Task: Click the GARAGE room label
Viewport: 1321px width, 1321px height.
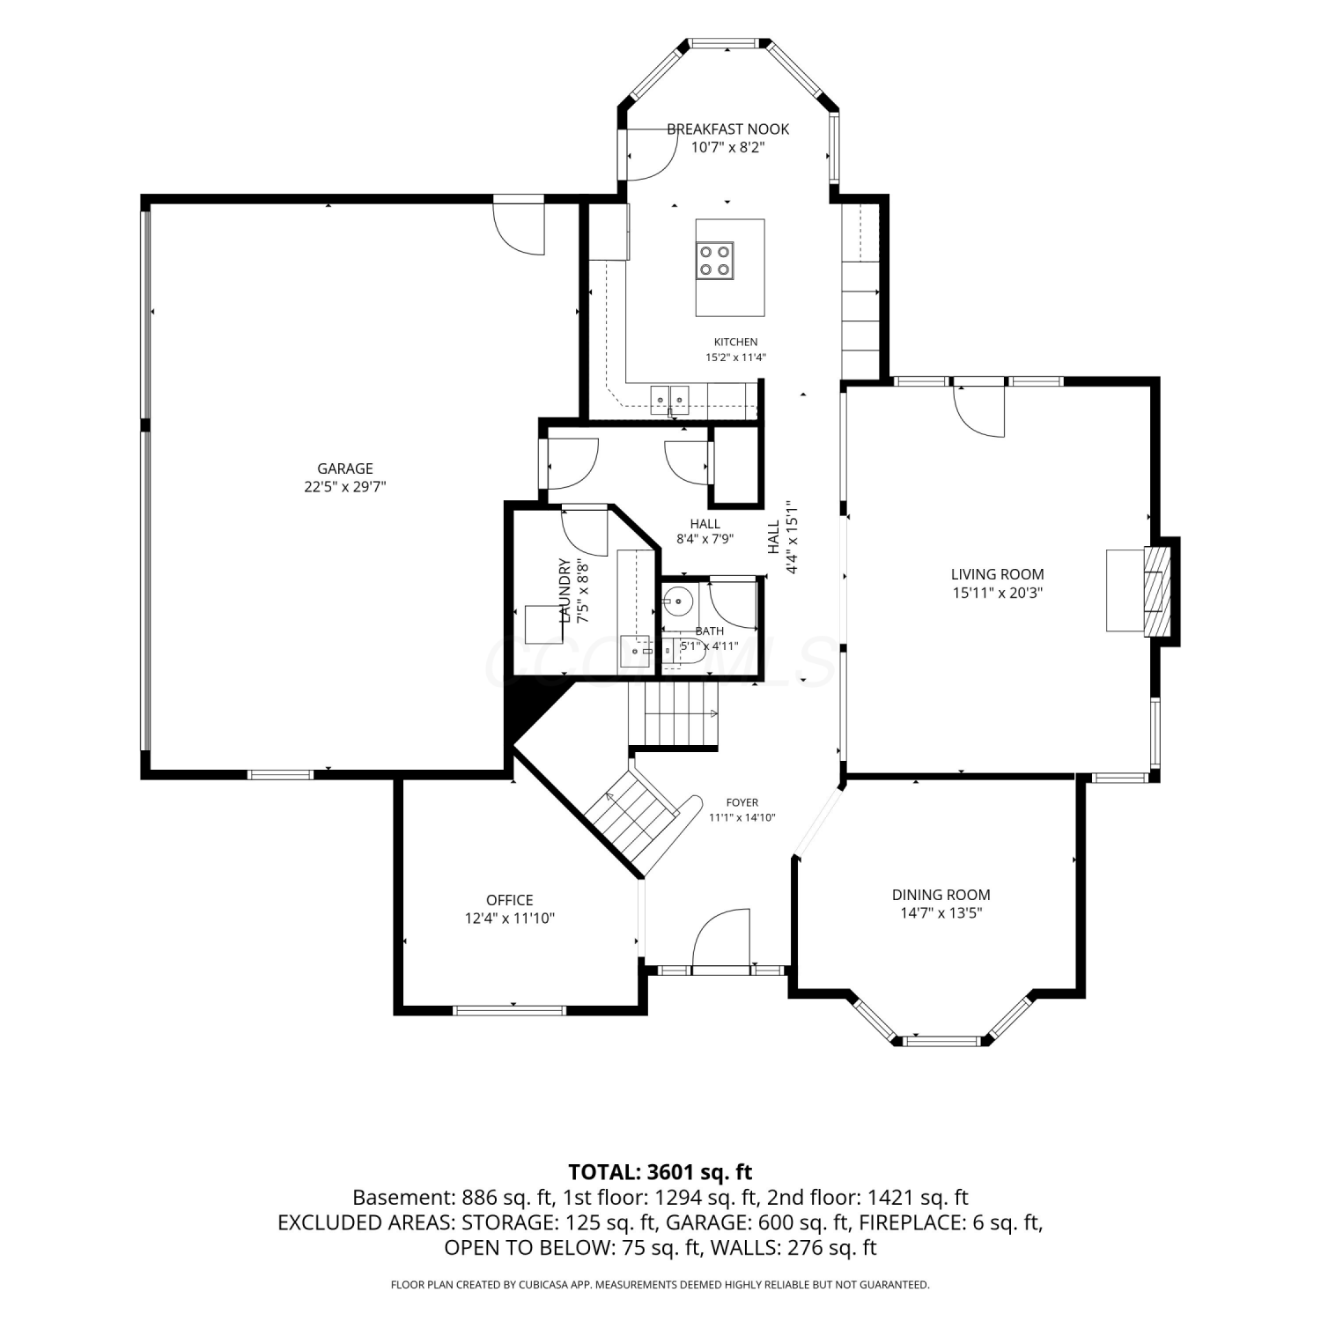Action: [x=345, y=469]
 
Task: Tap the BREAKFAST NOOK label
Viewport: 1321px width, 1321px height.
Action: [x=727, y=129]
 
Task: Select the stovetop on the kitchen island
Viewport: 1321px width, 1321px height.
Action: [x=714, y=260]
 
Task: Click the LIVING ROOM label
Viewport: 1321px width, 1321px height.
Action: [x=998, y=574]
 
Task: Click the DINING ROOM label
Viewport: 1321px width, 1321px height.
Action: [x=941, y=895]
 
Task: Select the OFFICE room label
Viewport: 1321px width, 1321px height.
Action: [x=510, y=900]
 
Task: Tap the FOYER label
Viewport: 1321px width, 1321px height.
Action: [x=742, y=802]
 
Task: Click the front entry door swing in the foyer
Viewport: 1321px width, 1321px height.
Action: [x=720, y=939]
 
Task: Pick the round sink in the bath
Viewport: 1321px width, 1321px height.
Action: [x=678, y=603]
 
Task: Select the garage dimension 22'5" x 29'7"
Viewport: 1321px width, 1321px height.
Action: [x=345, y=486]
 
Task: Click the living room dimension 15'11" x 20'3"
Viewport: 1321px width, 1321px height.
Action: [x=998, y=593]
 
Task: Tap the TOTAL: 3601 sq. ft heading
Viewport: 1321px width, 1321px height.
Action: [x=660, y=1172]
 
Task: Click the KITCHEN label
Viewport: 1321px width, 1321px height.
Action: [x=735, y=342]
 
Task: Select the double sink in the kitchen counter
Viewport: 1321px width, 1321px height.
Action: [x=670, y=399]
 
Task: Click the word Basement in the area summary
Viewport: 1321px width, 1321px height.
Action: [x=402, y=1198]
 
